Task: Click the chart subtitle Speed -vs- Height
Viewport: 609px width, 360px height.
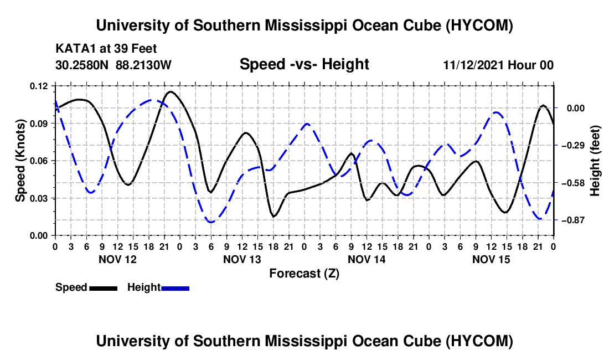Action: [304, 64]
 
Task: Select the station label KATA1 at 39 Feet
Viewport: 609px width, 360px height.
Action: [106, 49]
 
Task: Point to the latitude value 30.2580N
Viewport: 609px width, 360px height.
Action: [82, 65]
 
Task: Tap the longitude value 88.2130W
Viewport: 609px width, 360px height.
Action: [143, 65]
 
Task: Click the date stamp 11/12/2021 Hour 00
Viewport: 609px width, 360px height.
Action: [498, 65]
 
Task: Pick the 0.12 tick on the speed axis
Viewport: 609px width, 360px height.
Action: [39, 86]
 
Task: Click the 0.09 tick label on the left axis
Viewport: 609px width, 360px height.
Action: [39, 124]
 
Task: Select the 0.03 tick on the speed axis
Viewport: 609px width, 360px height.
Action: [39, 198]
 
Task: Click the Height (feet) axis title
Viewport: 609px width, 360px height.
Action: [595, 161]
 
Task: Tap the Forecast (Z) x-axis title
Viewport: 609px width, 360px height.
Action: [304, 274]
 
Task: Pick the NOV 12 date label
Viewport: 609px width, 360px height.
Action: [118, 259]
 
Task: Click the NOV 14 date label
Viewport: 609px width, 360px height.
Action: [367, 259]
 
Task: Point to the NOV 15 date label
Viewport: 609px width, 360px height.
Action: [491, 259]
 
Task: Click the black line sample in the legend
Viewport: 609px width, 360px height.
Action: [104, 288]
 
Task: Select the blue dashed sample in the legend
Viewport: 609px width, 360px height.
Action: [175, 288]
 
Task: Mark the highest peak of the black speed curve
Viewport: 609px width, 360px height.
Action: [171, 91]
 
